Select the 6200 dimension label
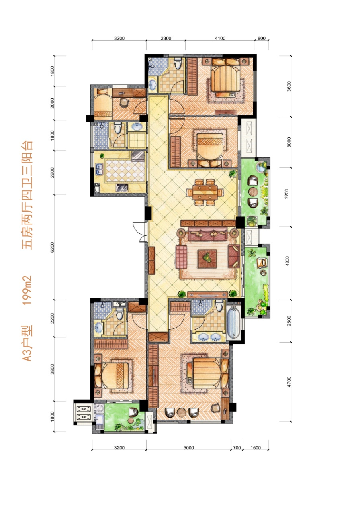click(53, 247)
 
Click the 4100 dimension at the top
click(220, 38)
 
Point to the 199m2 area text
click(27, 290)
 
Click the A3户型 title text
click(27, 343)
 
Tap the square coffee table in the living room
click(207, 259)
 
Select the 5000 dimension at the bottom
click(189, 448)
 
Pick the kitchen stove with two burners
click(122, 188)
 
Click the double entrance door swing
click(140, 232)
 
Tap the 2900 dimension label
click(287, 194)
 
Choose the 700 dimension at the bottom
click(237, 448)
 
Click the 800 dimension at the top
click(262, 38)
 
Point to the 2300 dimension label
click(166, 38)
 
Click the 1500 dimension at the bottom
click(256, 448)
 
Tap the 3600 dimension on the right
click(289, 86)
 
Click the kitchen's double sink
click(99, 169)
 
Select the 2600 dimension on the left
click(53, 173)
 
